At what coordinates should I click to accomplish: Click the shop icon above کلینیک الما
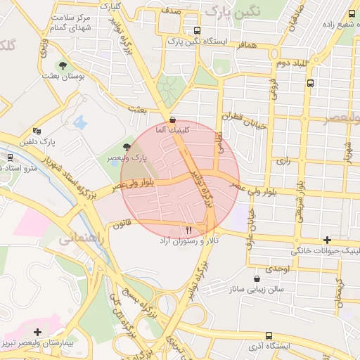(173, 119)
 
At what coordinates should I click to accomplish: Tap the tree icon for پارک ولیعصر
(127, 146)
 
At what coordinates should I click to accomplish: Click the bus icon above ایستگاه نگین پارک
(196, 31)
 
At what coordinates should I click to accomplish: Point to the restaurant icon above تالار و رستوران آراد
(188, 230)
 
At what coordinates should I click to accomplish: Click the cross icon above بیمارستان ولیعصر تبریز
(37, 331)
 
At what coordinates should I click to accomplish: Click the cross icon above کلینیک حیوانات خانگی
(326, 240)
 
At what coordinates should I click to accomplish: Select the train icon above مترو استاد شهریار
(10, 157)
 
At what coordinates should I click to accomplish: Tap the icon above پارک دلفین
(37, 131)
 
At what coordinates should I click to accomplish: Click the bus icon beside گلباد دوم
(310, 83)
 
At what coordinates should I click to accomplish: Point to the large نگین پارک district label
(233, 11)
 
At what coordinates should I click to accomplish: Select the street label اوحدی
(278, 269)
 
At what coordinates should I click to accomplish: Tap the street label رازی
(283, 161)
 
